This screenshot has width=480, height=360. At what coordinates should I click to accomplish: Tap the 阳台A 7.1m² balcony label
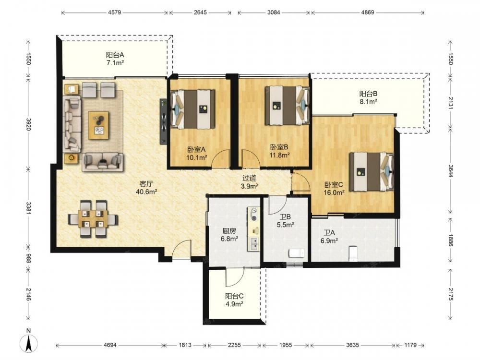click(x=115, y=59)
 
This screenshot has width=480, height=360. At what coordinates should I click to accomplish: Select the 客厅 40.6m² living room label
click(x=146, y=188)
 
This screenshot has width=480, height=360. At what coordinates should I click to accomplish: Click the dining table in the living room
click(x=93, y=218)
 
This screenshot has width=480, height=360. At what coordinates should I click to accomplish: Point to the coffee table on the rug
click(x=98, y=125)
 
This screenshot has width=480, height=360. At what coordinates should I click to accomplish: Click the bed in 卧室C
click(x=372, y=172)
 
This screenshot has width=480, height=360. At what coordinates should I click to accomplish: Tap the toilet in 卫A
click(x=354, y=253)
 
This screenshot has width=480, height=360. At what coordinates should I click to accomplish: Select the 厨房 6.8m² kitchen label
click(x=229, y=235)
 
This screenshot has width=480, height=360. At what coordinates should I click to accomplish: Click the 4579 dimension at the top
click(x=115, y=12)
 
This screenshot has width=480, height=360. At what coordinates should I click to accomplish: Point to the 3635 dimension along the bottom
click(x=352, y=345)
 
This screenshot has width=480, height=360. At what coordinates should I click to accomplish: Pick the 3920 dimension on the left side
click(x=28, y=124)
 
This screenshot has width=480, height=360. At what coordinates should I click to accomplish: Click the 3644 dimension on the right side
click(x=451, y=171)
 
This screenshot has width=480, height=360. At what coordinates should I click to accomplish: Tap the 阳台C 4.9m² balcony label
click(x=234, y=300)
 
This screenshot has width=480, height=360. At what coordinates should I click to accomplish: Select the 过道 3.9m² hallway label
click(x=249, y=182)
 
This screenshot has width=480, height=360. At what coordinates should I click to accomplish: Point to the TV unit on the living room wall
click(x=163, y=121)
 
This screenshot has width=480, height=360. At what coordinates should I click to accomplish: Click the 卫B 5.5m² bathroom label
click(x=285, y=221)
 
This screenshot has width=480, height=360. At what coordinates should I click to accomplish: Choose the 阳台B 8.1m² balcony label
click(x=368, y=97)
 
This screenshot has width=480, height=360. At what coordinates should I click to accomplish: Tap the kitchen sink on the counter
click(x=254, y=244)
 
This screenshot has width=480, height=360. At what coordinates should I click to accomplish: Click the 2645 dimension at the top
click(x=200, y=12)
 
